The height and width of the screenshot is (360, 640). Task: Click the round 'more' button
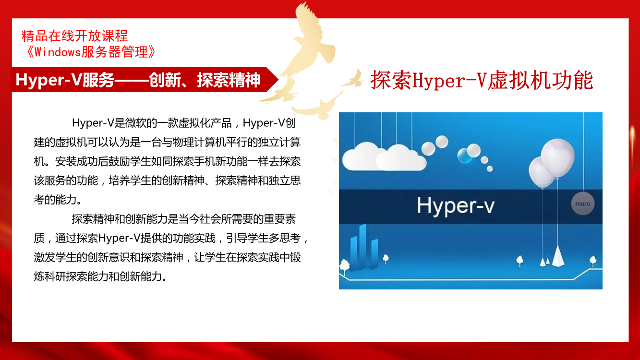pos(582,204)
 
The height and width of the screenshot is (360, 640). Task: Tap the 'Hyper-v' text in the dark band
pos(456,206)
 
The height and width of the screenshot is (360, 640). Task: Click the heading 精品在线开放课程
pos(74,36)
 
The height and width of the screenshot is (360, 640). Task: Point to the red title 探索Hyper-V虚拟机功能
pos(482,81)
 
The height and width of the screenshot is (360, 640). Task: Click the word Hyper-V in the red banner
pos(49,80)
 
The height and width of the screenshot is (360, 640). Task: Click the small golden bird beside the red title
pos(353,79)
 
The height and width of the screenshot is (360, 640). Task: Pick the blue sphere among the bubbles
pos(464,156)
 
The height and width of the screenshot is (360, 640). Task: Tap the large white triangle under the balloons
pos(558,256)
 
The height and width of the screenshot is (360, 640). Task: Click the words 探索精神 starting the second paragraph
pos(93,219)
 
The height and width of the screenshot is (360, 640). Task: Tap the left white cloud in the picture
pos(362,156)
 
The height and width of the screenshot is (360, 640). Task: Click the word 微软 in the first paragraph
pos(136,123)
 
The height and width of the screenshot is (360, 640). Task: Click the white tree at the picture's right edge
pos(593,261)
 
